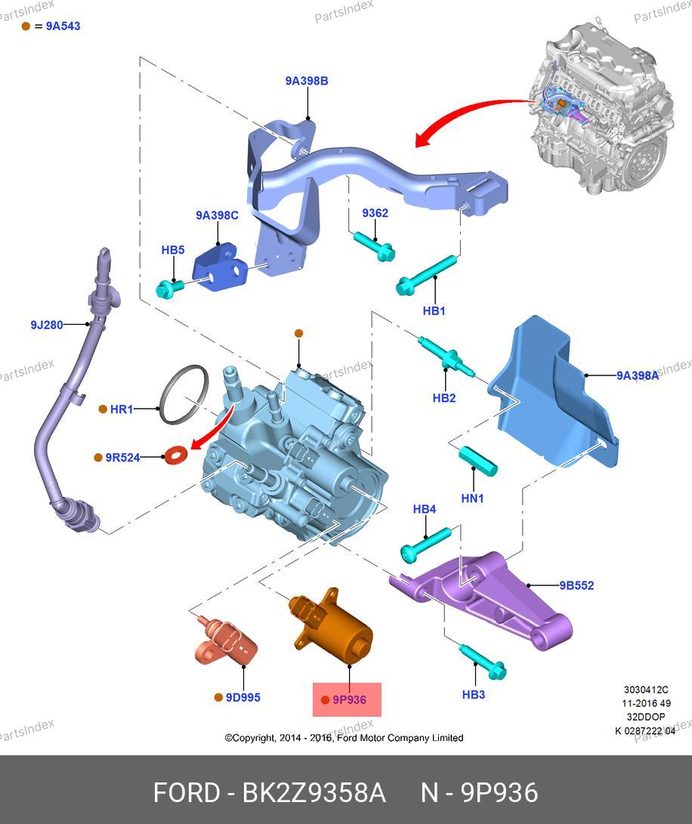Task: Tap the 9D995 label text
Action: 243,698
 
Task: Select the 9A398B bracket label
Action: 306,81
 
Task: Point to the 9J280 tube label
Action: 47,325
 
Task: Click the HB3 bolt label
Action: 473,695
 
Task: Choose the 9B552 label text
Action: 576,585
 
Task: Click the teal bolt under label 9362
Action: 374,246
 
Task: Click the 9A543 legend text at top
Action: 63,26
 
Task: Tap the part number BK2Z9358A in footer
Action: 314,793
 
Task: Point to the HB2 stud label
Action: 444,398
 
